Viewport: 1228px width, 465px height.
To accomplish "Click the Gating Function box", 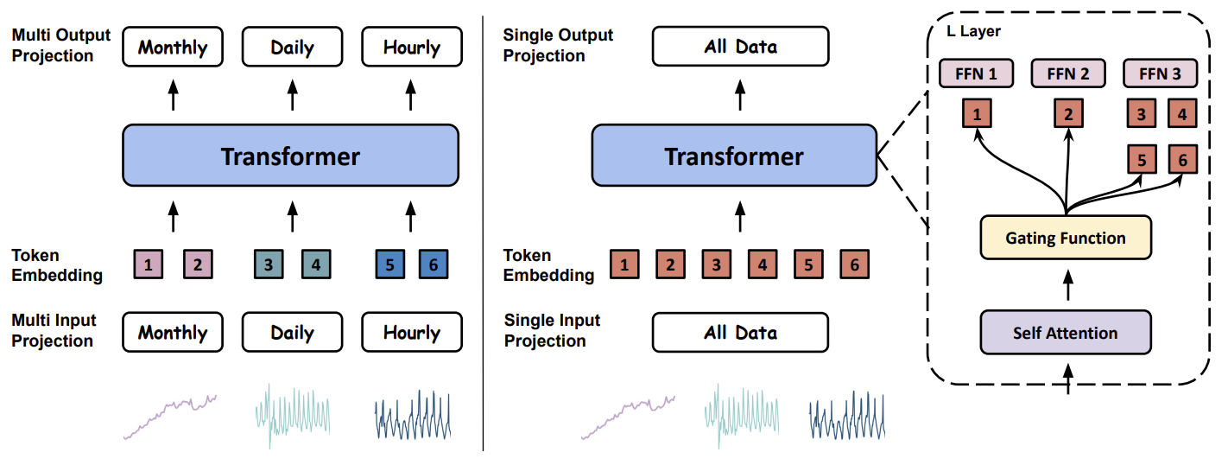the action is (x=1065, y=237).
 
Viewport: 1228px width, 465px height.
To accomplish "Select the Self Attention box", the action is (x=1065, y=332).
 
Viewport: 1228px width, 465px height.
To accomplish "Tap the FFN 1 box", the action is (x=976, y=73).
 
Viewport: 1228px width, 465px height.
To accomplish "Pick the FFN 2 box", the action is (x=1068, y=73).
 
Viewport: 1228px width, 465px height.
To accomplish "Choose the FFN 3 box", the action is (x=1160, y=73).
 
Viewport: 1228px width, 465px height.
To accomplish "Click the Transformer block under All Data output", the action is (x=734, y=156).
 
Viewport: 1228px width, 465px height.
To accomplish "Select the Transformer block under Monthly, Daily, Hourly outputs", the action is (x=290, y=156).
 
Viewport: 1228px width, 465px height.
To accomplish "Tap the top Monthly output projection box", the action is (x=173, y=47).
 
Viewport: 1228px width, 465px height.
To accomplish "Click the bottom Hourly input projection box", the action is (x=412, y=332).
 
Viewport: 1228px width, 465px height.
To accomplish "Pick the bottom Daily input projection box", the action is (x=292, y=332).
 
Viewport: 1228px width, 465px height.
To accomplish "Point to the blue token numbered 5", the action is (x=389, y=264).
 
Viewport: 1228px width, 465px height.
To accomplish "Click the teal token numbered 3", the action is (x=269, y=264).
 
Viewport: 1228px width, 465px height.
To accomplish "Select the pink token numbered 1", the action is (x=148, y=264).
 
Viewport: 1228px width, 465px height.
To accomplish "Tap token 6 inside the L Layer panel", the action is (x=1182, y=159).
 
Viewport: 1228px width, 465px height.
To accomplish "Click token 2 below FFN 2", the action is (x=1068, y=113).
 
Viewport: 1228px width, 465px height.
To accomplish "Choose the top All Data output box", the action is (x=740, y=46).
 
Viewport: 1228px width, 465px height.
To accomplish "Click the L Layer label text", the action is (x=973, y=31).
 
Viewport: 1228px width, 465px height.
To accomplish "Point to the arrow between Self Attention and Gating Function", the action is (x=1068, y=285).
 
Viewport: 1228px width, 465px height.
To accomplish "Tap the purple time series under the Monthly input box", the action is (x=170, y=417).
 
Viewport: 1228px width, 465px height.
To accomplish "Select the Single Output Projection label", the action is (x=558, y=45).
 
